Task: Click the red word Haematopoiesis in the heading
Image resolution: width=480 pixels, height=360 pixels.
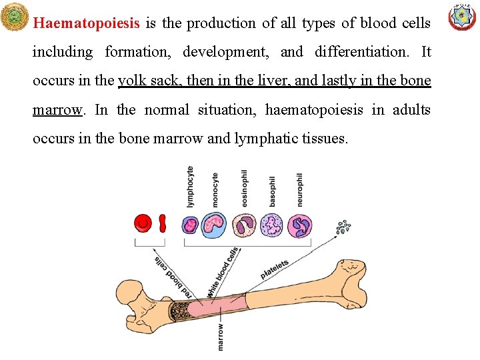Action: click(86, 23)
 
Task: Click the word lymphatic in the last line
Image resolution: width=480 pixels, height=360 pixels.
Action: click(266, 139)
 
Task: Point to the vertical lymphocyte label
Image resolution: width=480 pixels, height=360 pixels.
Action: click(191, 186)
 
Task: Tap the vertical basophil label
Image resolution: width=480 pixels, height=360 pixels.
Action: click(272, 190)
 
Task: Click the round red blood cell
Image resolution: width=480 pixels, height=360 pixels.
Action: click(143, 224)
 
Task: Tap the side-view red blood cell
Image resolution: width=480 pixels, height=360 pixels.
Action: click(163, 223)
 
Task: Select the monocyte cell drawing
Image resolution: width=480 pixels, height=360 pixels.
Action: click(215, 225)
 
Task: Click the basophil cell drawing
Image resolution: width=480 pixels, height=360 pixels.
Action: click(272, 225)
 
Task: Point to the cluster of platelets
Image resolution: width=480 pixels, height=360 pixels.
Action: click(343, 227)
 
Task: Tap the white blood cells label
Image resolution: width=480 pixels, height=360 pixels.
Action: click(223, 272)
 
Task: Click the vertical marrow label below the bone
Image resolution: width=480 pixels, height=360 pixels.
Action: click(221, 337)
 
